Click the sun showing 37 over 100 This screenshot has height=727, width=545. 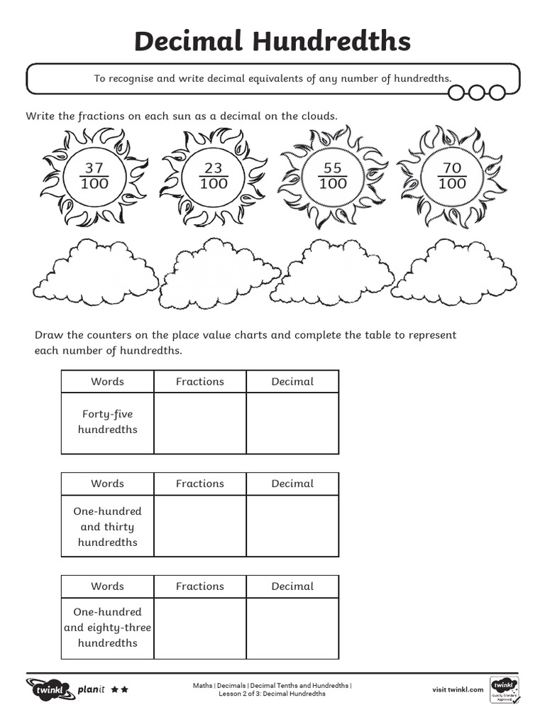94,176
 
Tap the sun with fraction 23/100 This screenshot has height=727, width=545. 214,176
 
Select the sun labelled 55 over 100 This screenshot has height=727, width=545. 333,176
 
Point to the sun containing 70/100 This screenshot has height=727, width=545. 452,176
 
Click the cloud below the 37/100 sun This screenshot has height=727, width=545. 96,273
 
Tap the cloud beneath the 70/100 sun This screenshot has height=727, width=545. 453,273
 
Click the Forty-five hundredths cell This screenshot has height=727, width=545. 107,422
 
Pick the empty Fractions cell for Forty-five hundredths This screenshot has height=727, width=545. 199,422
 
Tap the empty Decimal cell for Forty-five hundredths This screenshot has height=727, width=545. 292,422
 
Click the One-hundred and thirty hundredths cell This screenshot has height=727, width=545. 107,526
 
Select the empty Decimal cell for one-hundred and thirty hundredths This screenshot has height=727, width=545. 292,526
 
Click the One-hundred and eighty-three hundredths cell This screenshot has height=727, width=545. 107,628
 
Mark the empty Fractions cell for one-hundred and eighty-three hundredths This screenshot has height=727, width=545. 199,628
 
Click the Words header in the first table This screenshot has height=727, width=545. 107,381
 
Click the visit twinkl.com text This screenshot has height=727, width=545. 458,689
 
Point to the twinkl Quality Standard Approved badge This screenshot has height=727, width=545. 504,689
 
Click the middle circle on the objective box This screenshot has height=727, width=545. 478,92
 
